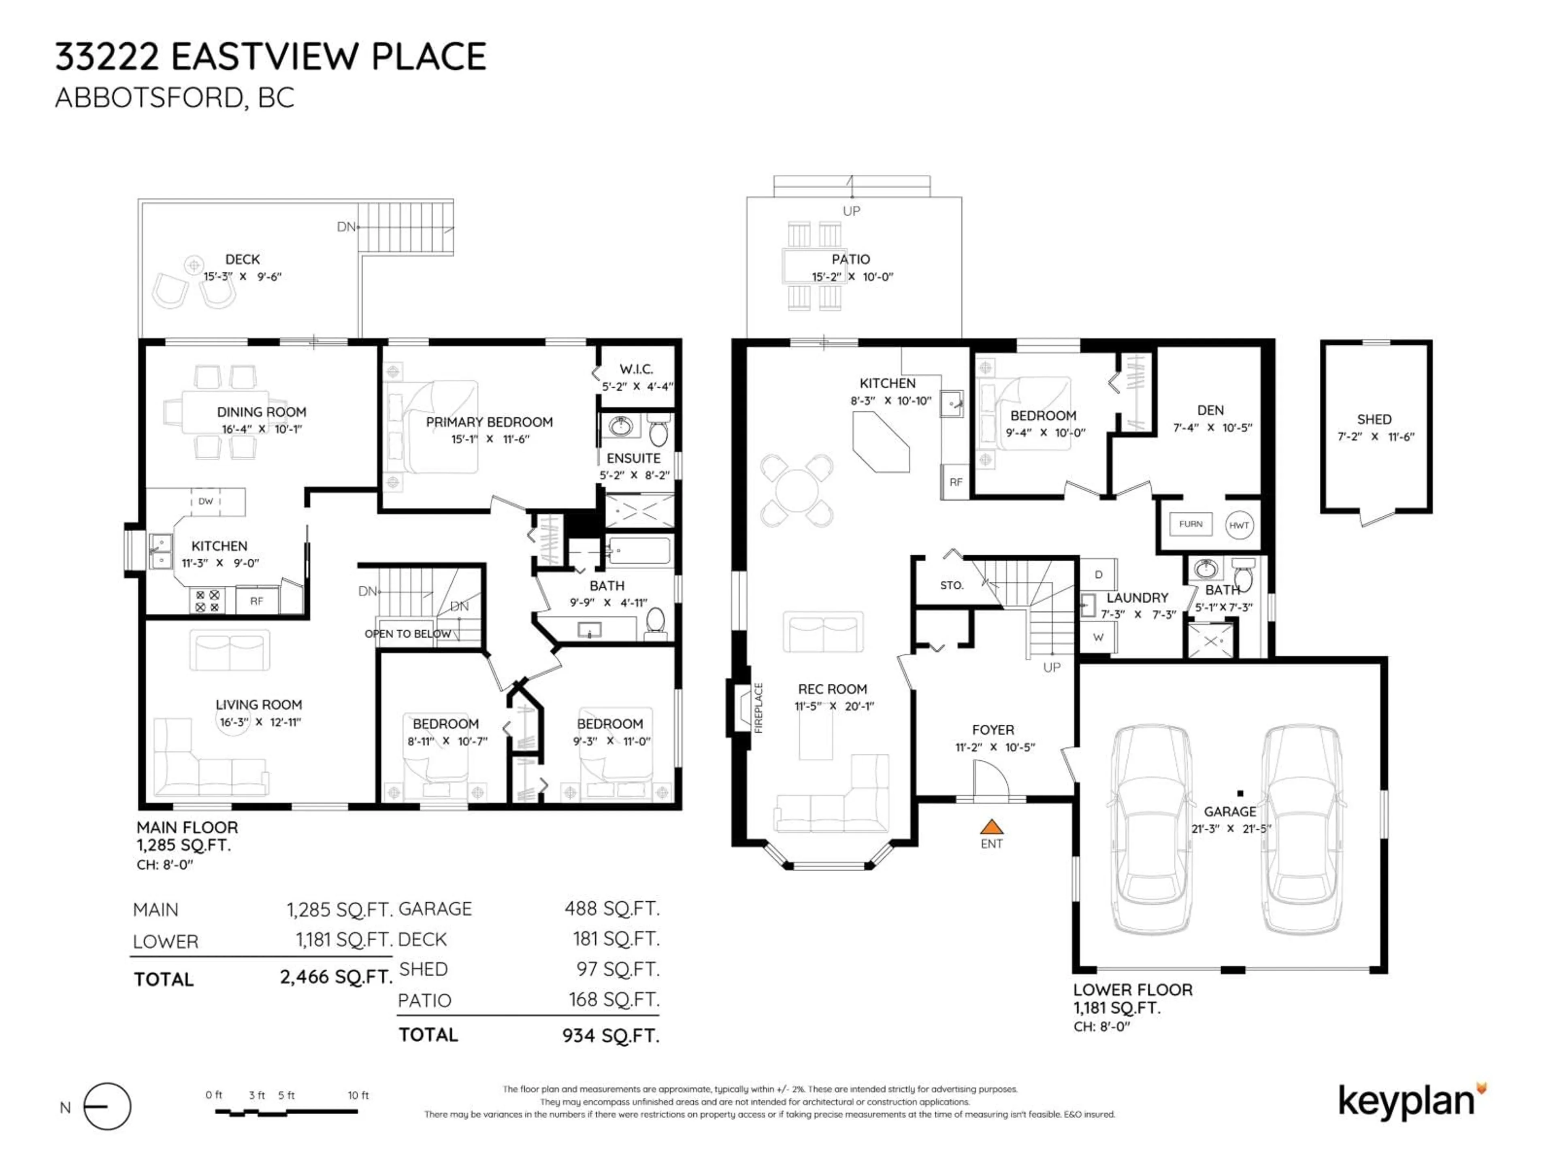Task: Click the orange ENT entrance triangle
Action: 991,827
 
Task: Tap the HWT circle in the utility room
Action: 1239,525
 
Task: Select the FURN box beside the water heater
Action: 1190,523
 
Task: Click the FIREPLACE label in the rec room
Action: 758,708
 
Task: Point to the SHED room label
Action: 1374,419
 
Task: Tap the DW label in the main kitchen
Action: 205,501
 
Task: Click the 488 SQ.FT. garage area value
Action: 611,909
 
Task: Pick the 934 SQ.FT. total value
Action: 610,1035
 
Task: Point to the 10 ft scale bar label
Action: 358,1095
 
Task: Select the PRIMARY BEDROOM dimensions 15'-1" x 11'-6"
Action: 490,439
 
